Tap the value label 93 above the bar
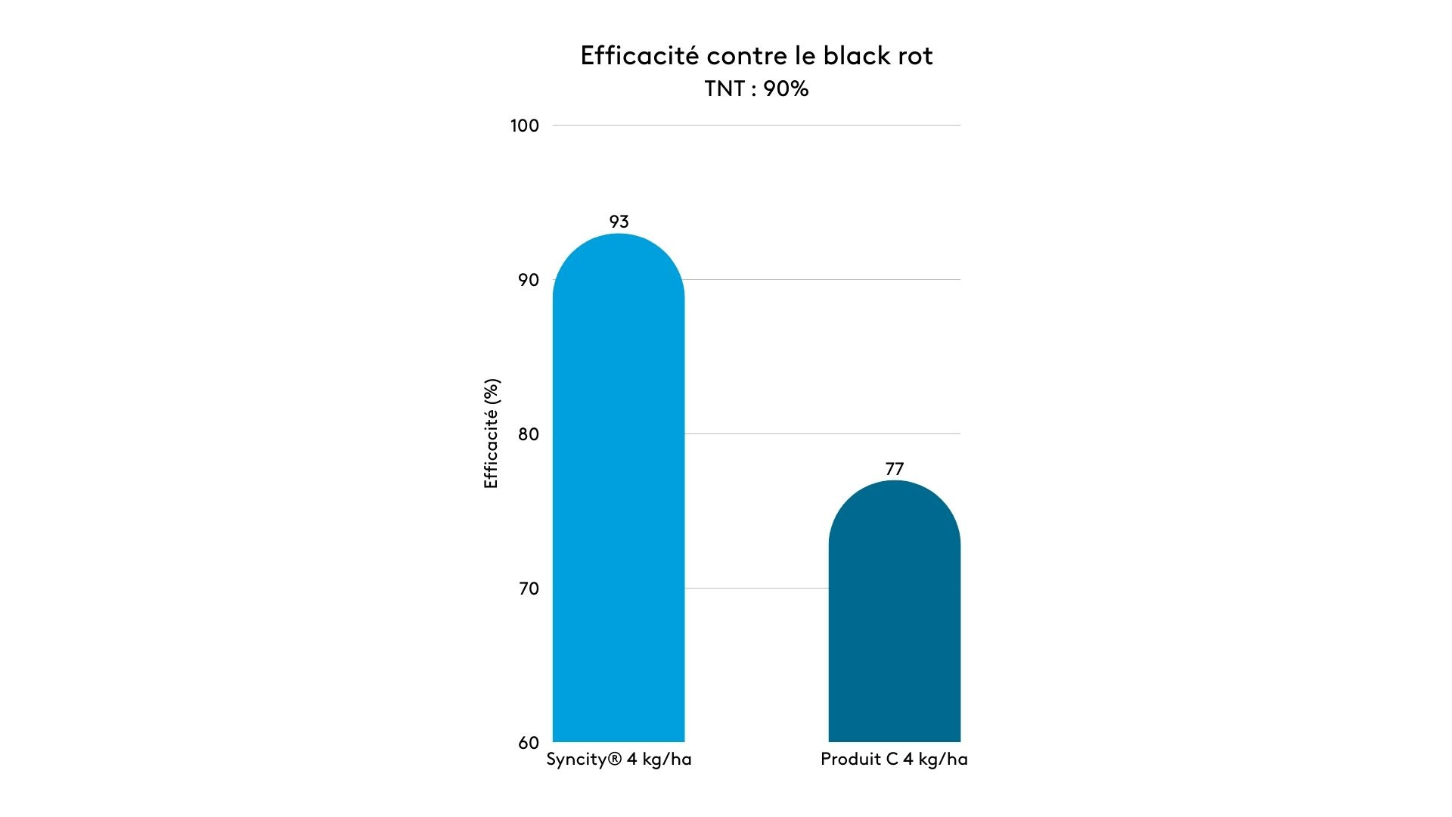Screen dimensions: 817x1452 tap(619, 222)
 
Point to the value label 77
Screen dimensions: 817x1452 tap(894, 469)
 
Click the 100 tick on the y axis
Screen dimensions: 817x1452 tap(524, 126)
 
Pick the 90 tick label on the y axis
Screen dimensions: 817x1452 tap(528, 280)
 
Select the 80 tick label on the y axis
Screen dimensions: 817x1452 tap(528, 434)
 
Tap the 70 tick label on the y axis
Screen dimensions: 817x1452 tap(528, 589)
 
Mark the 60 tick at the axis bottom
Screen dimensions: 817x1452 tap(528, 743)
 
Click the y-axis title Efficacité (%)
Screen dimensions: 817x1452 tap(492, 433)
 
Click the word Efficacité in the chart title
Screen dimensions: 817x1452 tap(639, 56)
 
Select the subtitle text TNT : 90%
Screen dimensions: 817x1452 tap(756, 89)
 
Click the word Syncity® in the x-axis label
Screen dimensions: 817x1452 tap(583, 760)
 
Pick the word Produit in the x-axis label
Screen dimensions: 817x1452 tap(849, 760)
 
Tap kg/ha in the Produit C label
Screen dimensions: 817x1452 tap(942, 760)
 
